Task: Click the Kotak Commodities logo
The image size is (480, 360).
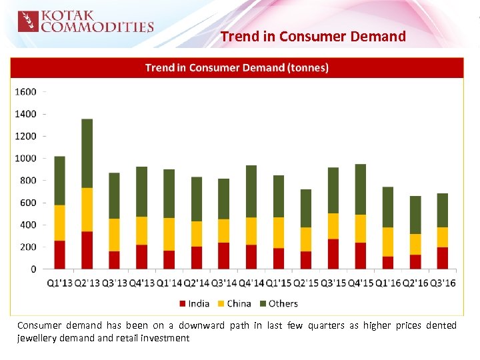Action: point(85,21)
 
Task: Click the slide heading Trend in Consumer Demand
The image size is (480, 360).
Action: point(313,37)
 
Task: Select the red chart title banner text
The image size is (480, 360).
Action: point(237,67)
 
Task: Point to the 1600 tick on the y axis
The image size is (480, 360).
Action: point(26,92)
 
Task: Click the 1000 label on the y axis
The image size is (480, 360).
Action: point(26,159)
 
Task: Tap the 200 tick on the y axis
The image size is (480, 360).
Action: point(28,247)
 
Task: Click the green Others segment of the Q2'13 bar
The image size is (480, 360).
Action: point(87,153)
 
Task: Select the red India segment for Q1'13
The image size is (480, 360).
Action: point(59,255)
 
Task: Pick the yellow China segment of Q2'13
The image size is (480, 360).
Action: point(87,209)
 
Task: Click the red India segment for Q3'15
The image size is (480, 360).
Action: point(333,254)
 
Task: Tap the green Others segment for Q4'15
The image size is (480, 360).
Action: point(361,189)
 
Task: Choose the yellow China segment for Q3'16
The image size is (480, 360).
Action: point(443,237)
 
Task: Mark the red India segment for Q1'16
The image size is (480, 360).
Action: point(388,263)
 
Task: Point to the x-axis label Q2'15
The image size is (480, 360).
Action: point(305,283)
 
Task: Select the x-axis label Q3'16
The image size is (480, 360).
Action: point(442,283)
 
